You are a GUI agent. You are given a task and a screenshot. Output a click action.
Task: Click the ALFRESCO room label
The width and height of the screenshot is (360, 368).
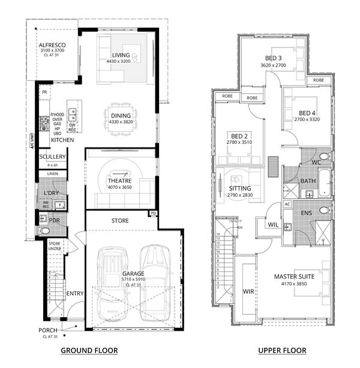(52, 46)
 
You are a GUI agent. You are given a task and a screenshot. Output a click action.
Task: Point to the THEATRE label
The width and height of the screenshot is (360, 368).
(120, 180)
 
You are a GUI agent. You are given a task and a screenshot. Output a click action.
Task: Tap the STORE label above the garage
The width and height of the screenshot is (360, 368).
(120, 221)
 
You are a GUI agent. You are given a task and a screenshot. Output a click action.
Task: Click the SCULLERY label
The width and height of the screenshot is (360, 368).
(52, 157)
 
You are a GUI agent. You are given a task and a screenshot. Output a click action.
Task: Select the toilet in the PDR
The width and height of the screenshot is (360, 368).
(44, 230)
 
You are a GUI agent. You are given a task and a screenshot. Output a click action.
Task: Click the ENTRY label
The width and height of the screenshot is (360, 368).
(75, 293)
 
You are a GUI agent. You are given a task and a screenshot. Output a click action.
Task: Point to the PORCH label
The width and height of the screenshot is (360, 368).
(48, 330)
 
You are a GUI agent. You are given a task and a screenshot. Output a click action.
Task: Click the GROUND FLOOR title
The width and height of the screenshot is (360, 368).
(89, 351)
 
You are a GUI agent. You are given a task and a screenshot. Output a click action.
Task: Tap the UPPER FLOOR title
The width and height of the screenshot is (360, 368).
(282, 351)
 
